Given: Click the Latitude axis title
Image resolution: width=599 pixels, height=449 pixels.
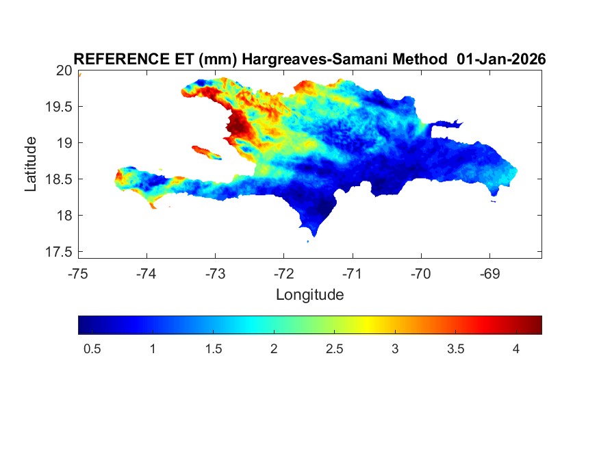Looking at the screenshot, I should click(x=31, y=164).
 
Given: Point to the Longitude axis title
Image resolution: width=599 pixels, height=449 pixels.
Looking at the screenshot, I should click(x=309, y=295).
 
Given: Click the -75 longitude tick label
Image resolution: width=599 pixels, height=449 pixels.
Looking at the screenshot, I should click(x=78, y=274).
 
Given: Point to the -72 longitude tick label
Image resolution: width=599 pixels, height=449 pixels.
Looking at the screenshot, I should click(x=283, y=274).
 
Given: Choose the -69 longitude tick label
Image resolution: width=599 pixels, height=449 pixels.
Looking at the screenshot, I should click(x=489, y=274).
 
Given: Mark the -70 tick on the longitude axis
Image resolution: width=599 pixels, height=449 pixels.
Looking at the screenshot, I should click(x=420, y=274).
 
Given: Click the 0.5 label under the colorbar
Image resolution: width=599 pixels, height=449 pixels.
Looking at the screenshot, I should click(x=92, y=349).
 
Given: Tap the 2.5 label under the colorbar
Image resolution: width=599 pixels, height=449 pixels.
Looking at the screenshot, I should click(x=334, y=349).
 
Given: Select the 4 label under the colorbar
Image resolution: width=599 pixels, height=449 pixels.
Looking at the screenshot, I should click(x=516, y=349).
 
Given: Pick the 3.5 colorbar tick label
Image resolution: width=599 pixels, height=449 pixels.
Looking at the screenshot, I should click(x=455, y=349).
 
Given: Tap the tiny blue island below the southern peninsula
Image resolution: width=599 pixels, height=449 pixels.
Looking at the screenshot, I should click(x=307, y=241).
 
